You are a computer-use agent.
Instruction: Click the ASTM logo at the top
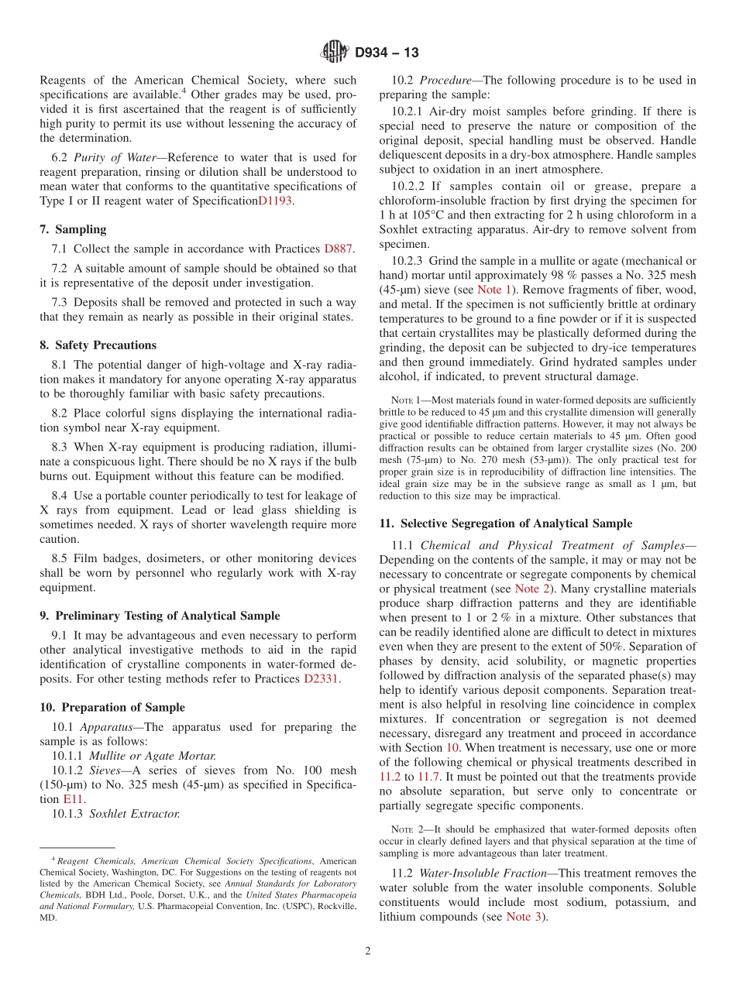pyautogui.click(x=335, y=53)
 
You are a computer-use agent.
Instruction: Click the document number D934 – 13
pyautogui.click(x=386, y=53)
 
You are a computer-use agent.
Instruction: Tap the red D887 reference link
pyautogui.click(x=339, y=249)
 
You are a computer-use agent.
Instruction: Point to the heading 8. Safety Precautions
pyautogui.click(x=98, y=345)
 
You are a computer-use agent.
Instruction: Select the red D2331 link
pyautogui.click(x=321, y=679)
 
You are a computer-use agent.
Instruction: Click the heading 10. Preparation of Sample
pyautogui.click(x=112, y=707)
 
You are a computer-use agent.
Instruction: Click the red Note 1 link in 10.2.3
pyautogui.click(x=494, y=289)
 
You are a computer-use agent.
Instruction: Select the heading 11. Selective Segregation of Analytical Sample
pyautogui.click(x=505, y=523)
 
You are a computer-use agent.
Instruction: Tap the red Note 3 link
pyautogui.click(x=524, y=917)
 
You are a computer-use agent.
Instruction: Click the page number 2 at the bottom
pyautogui.click(x=368, y=951)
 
